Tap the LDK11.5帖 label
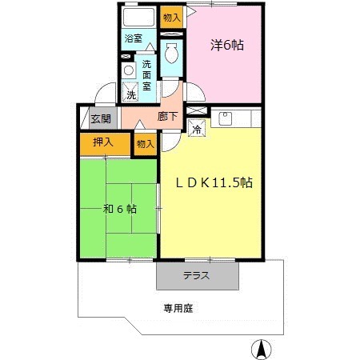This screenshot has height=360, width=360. [x=214, y=182]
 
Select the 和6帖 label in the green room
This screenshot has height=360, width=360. [x=119, y=209]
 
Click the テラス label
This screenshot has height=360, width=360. [x=197, y=276]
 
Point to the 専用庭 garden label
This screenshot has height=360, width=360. [x=179, y=306]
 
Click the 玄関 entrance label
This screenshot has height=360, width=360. [x=100, y=119]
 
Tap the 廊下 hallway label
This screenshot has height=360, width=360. [x=168, y=117]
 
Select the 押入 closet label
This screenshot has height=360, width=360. [x=102, y=142]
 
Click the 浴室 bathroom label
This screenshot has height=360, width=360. [x=133, y=38]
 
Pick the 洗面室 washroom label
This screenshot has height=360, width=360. [x=147, y=75]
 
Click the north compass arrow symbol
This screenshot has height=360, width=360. [x=260, y=349]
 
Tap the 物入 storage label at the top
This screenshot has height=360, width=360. [x=170, y=16]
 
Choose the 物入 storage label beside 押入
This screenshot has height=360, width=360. [x=145, y=145]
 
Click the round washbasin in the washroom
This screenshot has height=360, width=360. [x=126, y=70]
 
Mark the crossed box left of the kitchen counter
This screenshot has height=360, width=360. [x=197, y=110]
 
